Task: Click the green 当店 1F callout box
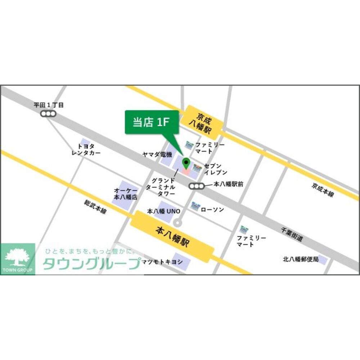tap(152, 122)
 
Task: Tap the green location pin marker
tap(186, 163)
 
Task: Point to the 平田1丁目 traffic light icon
tap(48, 114)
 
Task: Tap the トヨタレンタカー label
tap(86, 149)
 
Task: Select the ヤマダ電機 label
tap(157, 154)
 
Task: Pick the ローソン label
tap(212, 210)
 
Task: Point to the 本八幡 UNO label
tap(164, 211)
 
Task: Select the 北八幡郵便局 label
tap(301, 259)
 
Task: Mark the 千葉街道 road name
tap(292, 234)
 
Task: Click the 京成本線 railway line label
tap(323, 189)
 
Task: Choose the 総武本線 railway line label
tap(95, 207)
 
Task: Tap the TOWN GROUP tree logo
tap(18, 258)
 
